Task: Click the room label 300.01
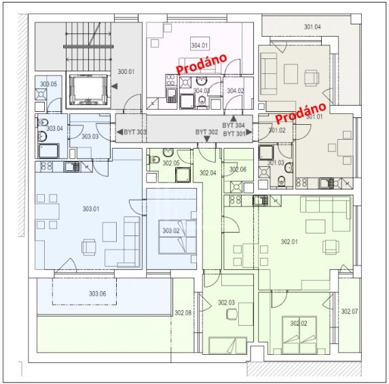coord(126,72)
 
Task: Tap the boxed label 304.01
coord(200,45)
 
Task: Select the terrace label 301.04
coord(312,26)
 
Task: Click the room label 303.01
coord(91,209)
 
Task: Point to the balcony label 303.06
coord(98,294)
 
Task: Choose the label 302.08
coord(183,313)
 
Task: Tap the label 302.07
coord(350,311)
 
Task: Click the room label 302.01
coord(289,242)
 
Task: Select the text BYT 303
coord(134,132)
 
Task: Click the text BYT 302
coord(206,132)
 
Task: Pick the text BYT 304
coord(234,126)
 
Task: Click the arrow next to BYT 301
coord(249,132)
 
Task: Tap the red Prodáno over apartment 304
coord(202,64)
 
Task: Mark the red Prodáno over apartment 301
coord(301,113)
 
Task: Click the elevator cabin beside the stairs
coord(88,90)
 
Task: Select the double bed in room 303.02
coord(177,237)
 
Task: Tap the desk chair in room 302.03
coord(232,314)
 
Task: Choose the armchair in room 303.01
coord(88,247)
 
